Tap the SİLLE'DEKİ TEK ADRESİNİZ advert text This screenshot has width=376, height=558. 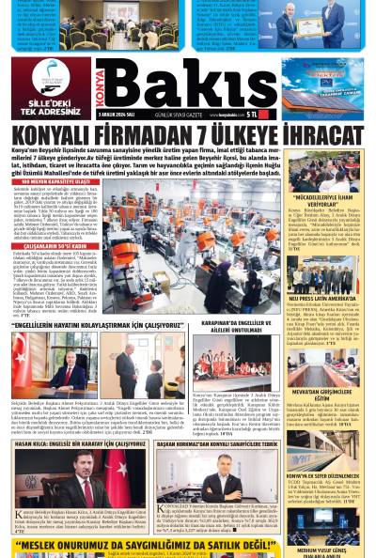pos(48,108)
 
